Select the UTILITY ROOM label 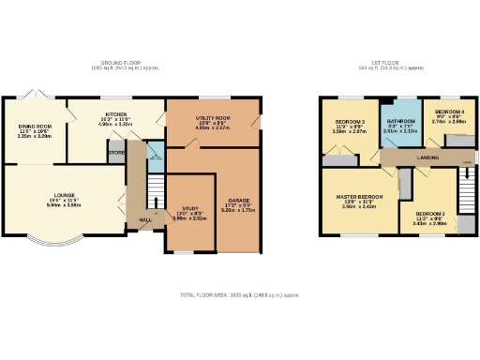[209, 117]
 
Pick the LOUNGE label [64, 195]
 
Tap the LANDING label [429, 158]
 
